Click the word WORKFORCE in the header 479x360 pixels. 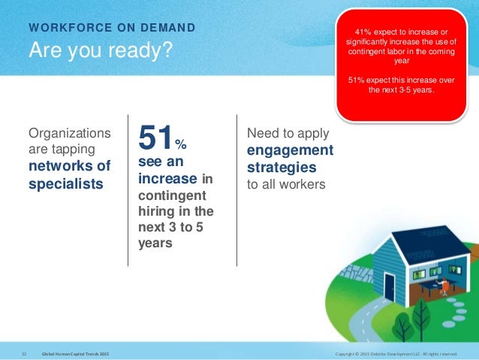coord(71,28)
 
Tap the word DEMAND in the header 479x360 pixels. coord(167,28)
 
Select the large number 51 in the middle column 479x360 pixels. coord(155,138)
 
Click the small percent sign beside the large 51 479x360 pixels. coord(181,144)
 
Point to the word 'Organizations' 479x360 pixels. coord(70,133)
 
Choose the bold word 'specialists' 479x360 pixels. coord(66,184)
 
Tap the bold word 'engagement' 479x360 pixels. coord(291,150)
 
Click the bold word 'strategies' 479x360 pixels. coord(282,168)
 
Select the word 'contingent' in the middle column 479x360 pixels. coord(172,195)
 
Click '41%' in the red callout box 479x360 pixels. coord(363,32)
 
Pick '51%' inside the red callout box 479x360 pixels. coord(356,80)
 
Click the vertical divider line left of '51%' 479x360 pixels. coord(128,190)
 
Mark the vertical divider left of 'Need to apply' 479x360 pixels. coord(236,190)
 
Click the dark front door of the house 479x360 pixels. coord(389,288)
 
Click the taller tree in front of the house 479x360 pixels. coord(421,318)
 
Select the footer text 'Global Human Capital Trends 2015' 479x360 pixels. coord(75,354)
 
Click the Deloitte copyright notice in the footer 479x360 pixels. coord(396,354)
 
